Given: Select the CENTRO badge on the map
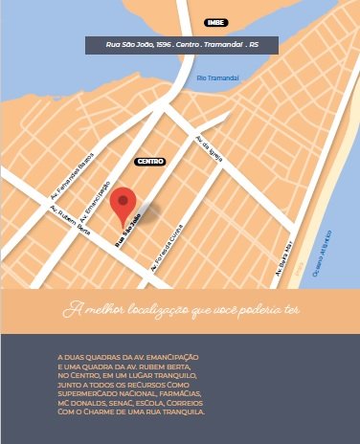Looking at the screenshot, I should tap(151, 162).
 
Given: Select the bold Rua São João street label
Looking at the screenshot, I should tap(128, 231).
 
